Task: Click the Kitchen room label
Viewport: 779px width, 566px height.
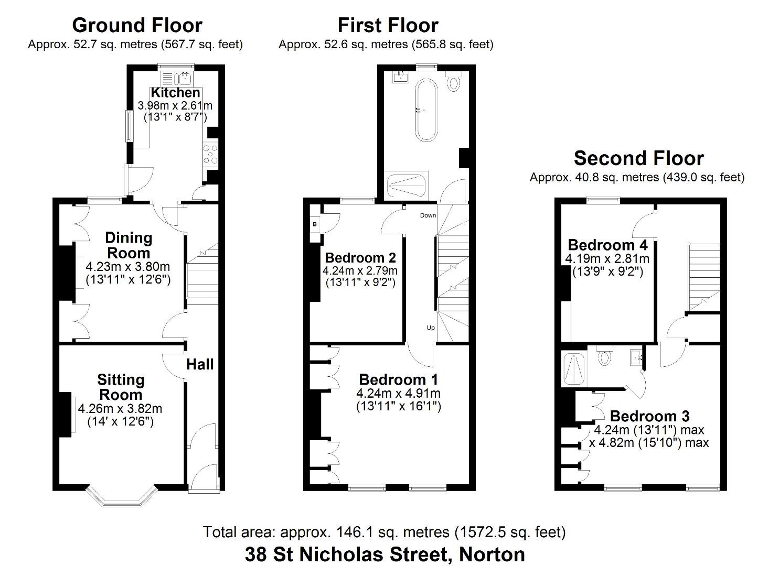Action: (x=175, y=93)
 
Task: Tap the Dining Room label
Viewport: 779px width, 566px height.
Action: (x=129, y=245)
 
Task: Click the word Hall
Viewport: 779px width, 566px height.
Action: (x=200, y=364)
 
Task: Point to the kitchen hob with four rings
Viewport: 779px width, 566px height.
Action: (x=210, y=155)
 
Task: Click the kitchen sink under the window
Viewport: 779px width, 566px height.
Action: (x=184, y=80)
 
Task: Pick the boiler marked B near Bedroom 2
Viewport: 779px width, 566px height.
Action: (x=315, y=224)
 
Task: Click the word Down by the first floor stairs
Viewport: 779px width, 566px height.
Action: (x=428, y=215)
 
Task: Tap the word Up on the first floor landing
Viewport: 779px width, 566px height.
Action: (x=431, y=328)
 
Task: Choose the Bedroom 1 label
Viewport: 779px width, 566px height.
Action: (x=398, y=379)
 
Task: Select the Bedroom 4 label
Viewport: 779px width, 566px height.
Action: (x=607, y=245)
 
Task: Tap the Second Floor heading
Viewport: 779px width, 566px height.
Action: (x=638, y=158)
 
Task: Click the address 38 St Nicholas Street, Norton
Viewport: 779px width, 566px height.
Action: (x=385, y=553)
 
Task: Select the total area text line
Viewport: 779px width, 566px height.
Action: (x=385, y=532)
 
